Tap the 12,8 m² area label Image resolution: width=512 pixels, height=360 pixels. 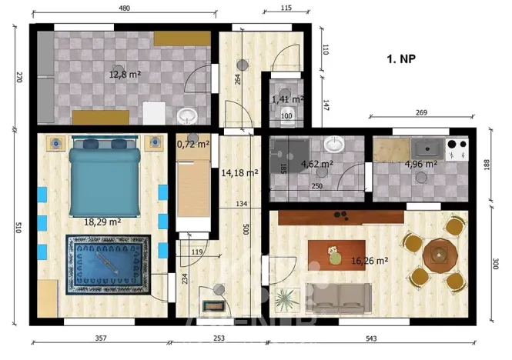(124, 75)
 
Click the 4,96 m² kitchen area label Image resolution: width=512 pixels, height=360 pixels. (420, 164)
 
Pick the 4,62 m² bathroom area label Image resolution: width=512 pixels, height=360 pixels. (316, 164)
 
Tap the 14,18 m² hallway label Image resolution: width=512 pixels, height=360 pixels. (239, 172)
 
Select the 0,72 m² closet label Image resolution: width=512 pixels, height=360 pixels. (192, 144)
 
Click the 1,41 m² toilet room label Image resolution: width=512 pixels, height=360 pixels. (286, 99)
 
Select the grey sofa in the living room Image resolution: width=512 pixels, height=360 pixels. (339, 295)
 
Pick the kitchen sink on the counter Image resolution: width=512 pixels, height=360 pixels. (425, 146)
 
